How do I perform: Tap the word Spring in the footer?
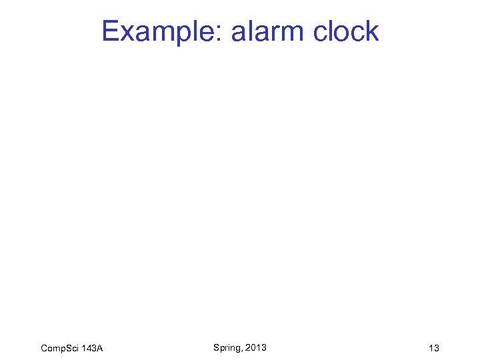(227, 347)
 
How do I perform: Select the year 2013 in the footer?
(256, 347)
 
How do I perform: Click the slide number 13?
(434, 349)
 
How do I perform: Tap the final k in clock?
(373, 31)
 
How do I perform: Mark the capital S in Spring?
(217, 347)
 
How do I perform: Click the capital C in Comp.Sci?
(44, 349)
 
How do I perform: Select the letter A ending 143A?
(99, 349)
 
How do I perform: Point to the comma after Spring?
(243, 350)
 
